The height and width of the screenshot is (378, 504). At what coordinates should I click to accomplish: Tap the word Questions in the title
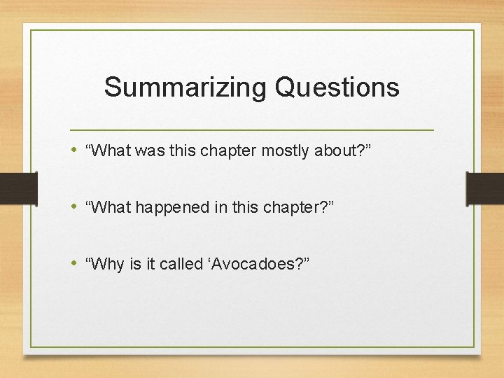pos(337,88)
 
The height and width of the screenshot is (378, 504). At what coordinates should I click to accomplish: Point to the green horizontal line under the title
pos(252,130)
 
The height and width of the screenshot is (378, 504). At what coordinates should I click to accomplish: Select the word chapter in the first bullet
pos(233,150)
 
